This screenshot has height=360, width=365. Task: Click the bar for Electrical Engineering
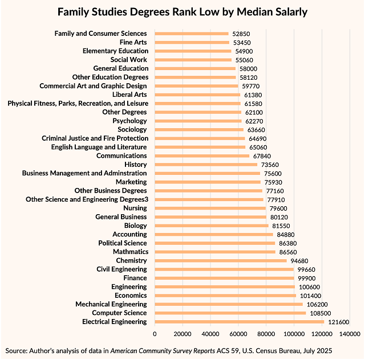click(239, 322)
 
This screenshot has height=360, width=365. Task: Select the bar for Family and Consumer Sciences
click(191, 34)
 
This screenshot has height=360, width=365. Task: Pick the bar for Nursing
click(210, 208)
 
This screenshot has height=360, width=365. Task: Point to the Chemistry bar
click(220, 260)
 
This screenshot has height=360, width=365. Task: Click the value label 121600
click(337, 322)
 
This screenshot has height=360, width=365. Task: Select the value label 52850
click(241, 34)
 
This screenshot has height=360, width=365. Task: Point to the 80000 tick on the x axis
click(266, 334)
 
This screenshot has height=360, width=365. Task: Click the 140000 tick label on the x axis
click(349, 334)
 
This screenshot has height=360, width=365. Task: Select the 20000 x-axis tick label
click(182, 334)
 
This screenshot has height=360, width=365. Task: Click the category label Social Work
click(128, 59)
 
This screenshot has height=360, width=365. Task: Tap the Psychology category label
click(129, 121)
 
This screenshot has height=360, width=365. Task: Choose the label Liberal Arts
click(129, 95)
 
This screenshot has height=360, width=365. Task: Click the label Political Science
click(122, 243)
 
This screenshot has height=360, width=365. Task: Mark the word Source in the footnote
click(17, 350)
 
